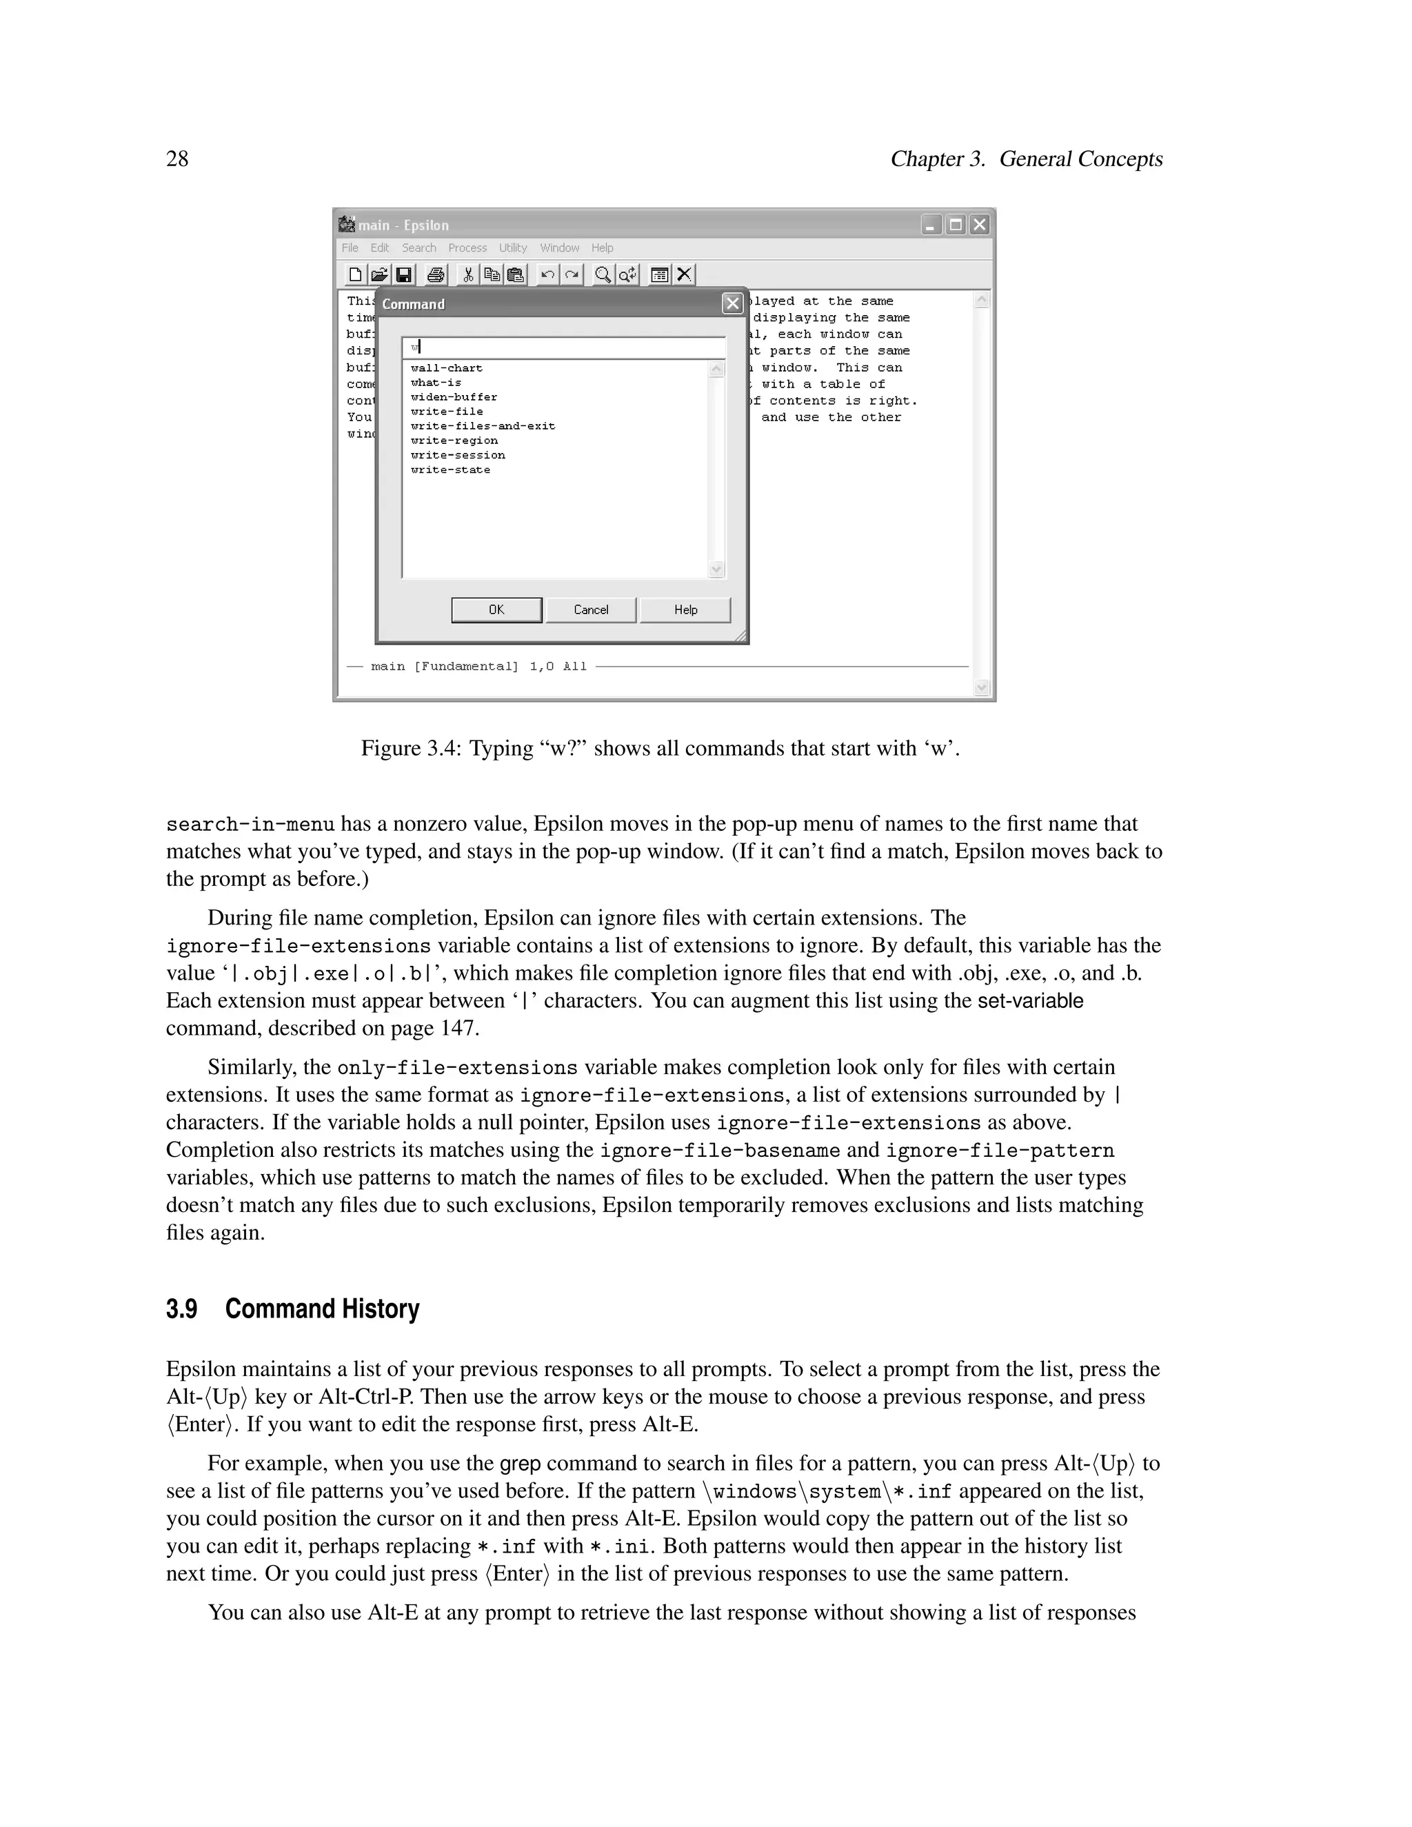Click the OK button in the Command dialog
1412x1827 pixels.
pyautogui.click(x=496, y=610)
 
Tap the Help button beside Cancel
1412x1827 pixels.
pyautogui.click(x=685, y=610)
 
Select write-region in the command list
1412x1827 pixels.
pyautogui.click(x=454, y=441)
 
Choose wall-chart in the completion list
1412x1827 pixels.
pyautogui.click(x=447, y=368)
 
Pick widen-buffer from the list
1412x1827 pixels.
pyautogui.click(x=454, y=397)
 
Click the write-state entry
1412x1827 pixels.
pyautogui.click(x=450, y=470)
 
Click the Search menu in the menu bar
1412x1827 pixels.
pyautogui.click(x=418, y=248)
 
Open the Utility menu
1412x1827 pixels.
pyautogui.click(x=513, y=248)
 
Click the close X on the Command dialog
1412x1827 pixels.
pyautogui.click(x=732, y=303)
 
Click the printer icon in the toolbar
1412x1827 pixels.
pyautogui.click(x=435, y=274)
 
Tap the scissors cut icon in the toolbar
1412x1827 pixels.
pyautogui.click(x=468, y=274)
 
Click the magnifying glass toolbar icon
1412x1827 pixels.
pyautogui.click(x=601, y=274)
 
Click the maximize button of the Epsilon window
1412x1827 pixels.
pyautogui.click(x=954, y=225)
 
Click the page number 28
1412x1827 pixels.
pyautogui.click(x=177, y=159)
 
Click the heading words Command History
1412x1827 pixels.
pyautogui.click(x=322, y=1309)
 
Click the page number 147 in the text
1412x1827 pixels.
pyautogui.click(x=458, y=1028)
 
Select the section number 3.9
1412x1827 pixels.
pyautogui.click(x=181, y=1309)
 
